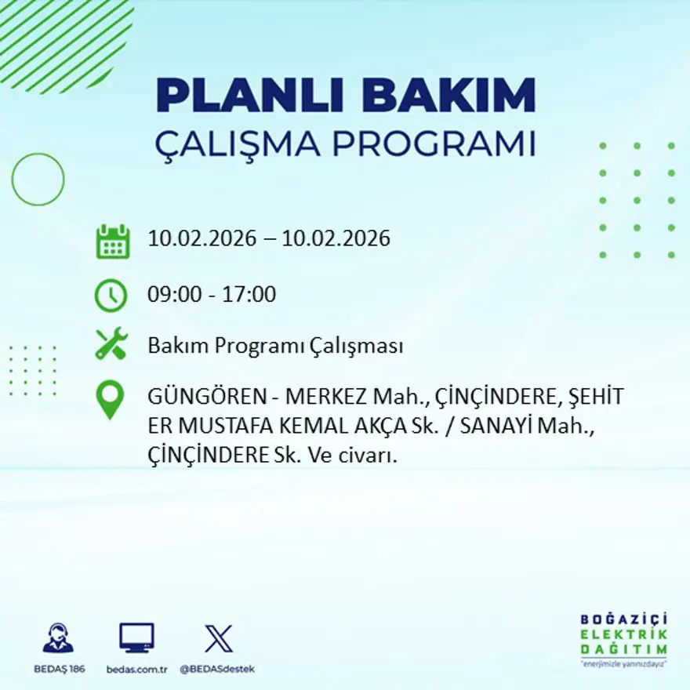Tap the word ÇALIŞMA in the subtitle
[240, 144]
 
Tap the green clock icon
[111, 296]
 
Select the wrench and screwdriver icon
[111, 344]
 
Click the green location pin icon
[110, 398]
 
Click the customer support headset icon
[58, 638]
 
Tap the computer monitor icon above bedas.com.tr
[136, 637]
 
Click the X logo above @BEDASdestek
[218, 638]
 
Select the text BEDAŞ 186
[60, 669]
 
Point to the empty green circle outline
[38, 180]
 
